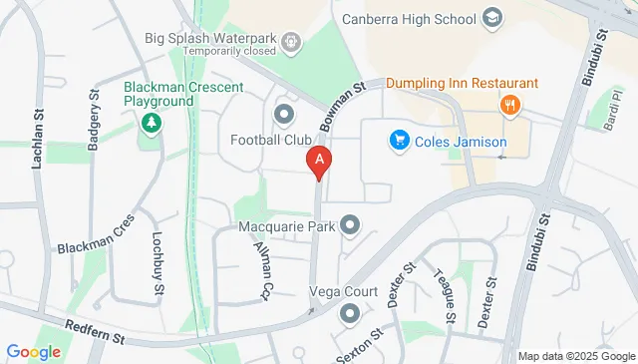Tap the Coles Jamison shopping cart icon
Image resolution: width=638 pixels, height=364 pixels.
399,141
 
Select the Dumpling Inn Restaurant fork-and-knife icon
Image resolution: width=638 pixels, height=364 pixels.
510,105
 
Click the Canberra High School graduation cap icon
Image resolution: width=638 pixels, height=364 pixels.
491,18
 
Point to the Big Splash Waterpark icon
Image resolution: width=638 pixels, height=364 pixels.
290,42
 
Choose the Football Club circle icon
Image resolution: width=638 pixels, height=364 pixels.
285,114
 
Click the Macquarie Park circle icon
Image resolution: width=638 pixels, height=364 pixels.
350,226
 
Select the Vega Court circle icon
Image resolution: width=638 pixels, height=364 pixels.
350,314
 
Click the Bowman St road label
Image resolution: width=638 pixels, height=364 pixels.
344,107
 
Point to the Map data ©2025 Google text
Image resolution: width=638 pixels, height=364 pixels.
576,356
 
